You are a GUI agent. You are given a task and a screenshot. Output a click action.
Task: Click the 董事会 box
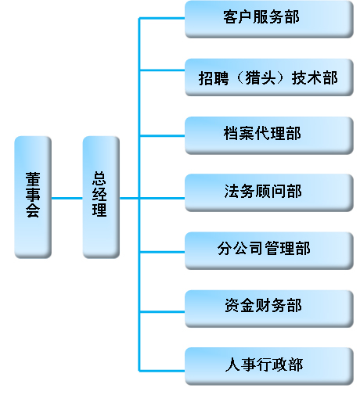pos(33,197)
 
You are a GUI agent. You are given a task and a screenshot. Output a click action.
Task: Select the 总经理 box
pos(101,197)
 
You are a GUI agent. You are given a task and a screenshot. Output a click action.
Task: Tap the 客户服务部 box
pos(269,20)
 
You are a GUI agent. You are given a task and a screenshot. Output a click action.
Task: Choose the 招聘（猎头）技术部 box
pos(269,77)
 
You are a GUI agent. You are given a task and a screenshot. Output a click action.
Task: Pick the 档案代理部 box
pos(269,135)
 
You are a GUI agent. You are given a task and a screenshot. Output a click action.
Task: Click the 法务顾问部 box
pos(269,192)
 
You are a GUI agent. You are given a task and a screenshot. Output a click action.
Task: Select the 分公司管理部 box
pos(269,251)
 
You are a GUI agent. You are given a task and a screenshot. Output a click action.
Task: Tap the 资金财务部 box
pos(269,309)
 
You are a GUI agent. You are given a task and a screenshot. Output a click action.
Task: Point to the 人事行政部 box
pos(269,366)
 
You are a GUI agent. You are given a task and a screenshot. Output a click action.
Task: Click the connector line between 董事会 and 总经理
pos(67,199)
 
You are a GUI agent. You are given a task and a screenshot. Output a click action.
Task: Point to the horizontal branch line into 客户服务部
pos(162,18)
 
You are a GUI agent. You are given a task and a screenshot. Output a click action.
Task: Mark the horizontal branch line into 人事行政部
pos(162,371)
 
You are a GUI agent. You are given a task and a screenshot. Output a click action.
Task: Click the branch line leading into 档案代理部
pos(162,135)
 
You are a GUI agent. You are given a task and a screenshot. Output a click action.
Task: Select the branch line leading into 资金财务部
pos(162,311)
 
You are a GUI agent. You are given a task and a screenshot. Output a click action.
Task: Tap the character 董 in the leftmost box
pos(33,179)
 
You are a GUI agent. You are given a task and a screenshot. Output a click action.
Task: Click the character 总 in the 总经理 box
pos(99,178)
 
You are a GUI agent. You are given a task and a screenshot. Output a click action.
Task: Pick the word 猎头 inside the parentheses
pos(261,77)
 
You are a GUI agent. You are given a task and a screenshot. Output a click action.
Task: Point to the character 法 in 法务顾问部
pos(232,191)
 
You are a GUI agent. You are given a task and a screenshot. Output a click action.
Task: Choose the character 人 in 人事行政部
pos(232,364)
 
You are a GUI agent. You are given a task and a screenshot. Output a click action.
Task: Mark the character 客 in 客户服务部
pos(230,17)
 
